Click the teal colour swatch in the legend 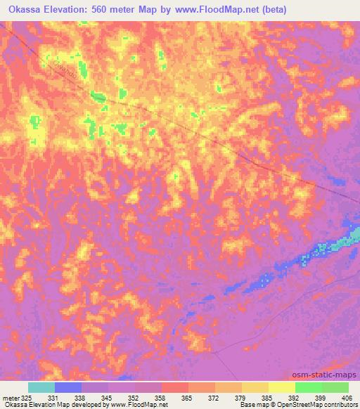(x=41, y=387)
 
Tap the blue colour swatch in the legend (x=67, y=387)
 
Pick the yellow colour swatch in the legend (x=281, y=387)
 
